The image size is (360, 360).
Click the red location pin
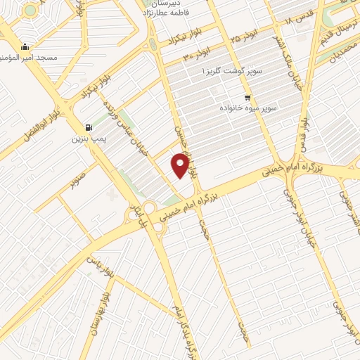181,166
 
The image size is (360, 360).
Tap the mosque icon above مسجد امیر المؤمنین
25,48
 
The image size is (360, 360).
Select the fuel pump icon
89,127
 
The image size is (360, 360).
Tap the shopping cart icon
247,97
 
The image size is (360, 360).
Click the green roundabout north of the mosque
30,11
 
